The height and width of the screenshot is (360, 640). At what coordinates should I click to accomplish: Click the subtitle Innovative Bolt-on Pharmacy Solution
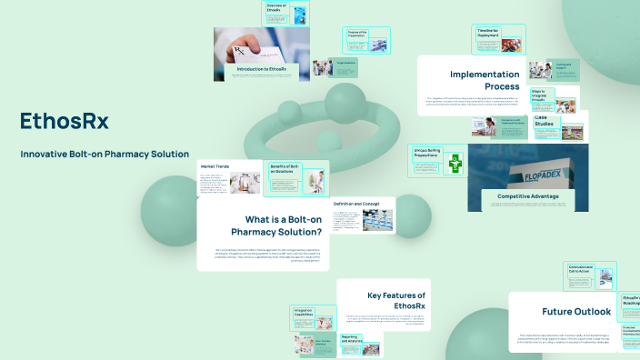point(105,154)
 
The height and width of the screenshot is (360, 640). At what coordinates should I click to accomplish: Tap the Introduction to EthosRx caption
point(262,69)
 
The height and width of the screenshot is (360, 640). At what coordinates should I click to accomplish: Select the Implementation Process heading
point(485,80)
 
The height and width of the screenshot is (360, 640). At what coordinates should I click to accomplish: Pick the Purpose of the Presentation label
point(355,34)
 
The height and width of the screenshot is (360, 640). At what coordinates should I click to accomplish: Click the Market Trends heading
point(216,165)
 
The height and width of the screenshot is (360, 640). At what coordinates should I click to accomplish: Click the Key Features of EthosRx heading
point(396,301)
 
